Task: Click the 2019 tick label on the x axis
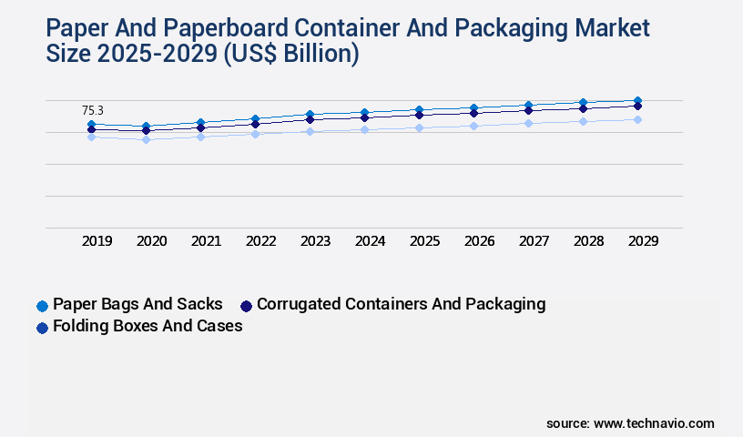click(97, 241)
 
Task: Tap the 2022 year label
click(260, 241)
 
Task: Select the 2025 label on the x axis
click(425, 241)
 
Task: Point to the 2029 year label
click(643, 241)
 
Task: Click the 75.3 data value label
click(93, 110)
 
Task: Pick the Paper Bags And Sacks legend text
click(137, 304)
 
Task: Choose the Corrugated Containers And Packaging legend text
click(402, 304)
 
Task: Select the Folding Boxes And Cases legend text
click(148, 326)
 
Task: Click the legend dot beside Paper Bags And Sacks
click(42, 305)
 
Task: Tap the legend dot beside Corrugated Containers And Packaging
click(246, 305)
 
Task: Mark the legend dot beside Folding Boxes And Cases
click(42, 327)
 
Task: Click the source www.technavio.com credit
click(630, 423)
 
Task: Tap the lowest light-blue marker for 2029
click(637, 119)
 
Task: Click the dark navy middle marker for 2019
click(91, 129)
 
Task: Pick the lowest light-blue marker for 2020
click(146, 139)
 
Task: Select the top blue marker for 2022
click(255, 118)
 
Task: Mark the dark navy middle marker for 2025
click(419, 115)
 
